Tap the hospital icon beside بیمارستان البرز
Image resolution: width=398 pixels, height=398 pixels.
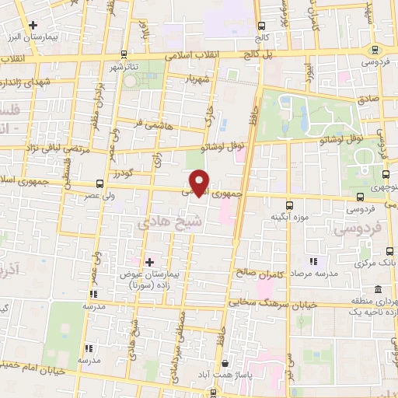[x=33, y=26]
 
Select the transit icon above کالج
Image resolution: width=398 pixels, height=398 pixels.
[x=261, y=26]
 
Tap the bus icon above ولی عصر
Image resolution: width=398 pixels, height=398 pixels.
[x=99, y=184]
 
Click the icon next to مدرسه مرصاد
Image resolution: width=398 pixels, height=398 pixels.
[x=313, y=263]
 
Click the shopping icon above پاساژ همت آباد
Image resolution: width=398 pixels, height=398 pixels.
[x=225, y=362]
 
